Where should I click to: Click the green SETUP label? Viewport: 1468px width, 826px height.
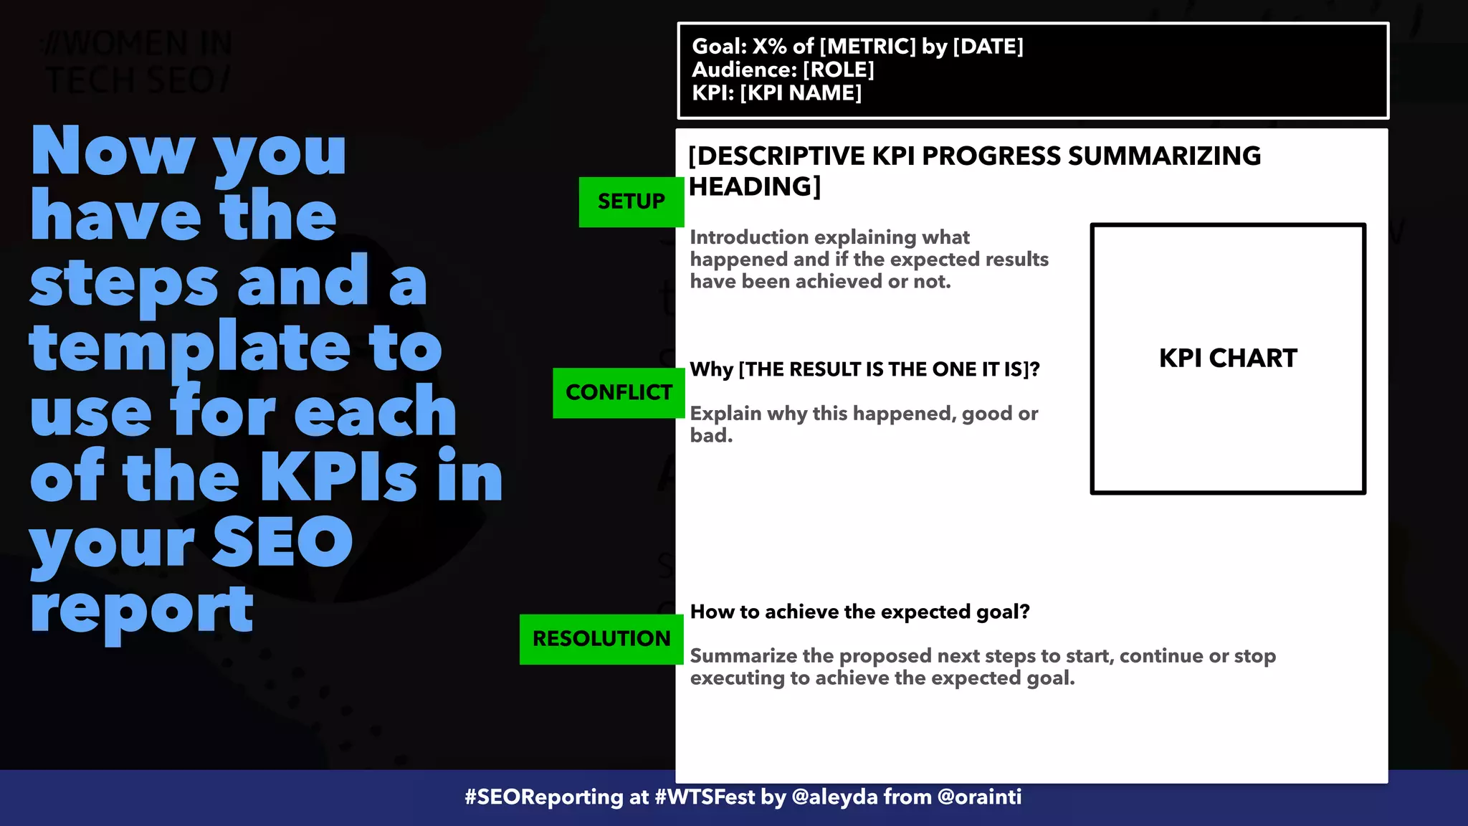tap(631, 201)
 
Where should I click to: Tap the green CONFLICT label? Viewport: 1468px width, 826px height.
tap(619, 392)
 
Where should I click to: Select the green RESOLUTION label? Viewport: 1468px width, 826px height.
tap(601, 638)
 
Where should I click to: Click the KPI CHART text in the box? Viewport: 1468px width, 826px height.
tap(1228, 358)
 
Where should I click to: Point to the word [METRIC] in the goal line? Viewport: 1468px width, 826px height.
tap(867, 47)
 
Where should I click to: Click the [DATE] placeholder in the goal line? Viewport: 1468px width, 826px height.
tap(988, 47)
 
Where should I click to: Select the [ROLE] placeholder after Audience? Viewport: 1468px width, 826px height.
tap(839, 70)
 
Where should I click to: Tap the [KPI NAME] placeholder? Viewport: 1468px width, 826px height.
tap(801, 93)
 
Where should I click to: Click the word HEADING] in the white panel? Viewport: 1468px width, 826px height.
tap(754, 186)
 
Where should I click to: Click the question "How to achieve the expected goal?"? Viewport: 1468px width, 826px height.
tap(859, 612)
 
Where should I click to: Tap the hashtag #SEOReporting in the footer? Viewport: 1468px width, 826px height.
tap(544, 797)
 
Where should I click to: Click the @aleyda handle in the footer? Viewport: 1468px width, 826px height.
tap(834, 797)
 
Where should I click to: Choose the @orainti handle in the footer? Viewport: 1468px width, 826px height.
tap(979, 797)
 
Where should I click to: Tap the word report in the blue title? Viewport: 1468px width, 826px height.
tap(142, 609)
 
